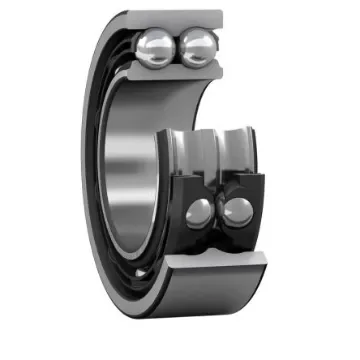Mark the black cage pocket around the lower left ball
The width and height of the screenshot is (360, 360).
point(186,212)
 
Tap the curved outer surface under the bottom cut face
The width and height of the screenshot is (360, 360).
point(215,300)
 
